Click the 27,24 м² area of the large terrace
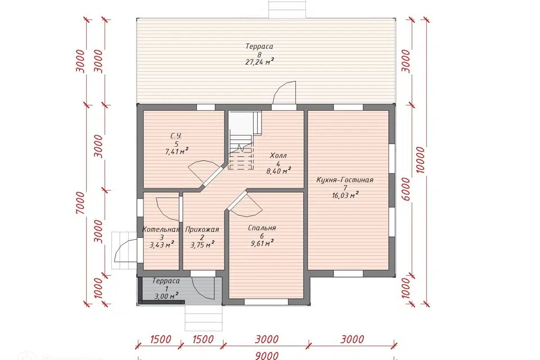[x=260, y=62]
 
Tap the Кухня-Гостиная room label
[x=345, y=180]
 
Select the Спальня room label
[x=262, y=228]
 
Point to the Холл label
[x=278, y=156]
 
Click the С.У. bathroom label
[x=176, y=136]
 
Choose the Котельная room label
[x=161, y=229]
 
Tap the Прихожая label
[x=202, y=229]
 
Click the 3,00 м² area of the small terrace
[x=166, y=296]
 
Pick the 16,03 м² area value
[x=345, y=195]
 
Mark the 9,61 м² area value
[x=262, y=244]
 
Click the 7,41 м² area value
[x=177, y=151]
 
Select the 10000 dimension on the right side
[x=420, y=160]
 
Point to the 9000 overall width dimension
[x=267, y=355]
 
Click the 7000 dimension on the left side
[x=80, y=203]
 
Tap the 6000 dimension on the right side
[x=406, y=190]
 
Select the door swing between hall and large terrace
[x=285, y=92]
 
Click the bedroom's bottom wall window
[x=266, y=302]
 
